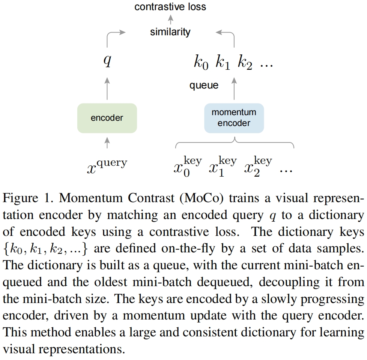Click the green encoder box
click(107, 118)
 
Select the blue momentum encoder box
click(234, 118)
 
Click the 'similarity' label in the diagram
click(170, 32)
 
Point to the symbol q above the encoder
click(107, 61)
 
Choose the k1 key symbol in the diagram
click(223, 63)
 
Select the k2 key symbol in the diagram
click(245, 63)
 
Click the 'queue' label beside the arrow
click(204, 85)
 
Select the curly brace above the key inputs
click(235, 142)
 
